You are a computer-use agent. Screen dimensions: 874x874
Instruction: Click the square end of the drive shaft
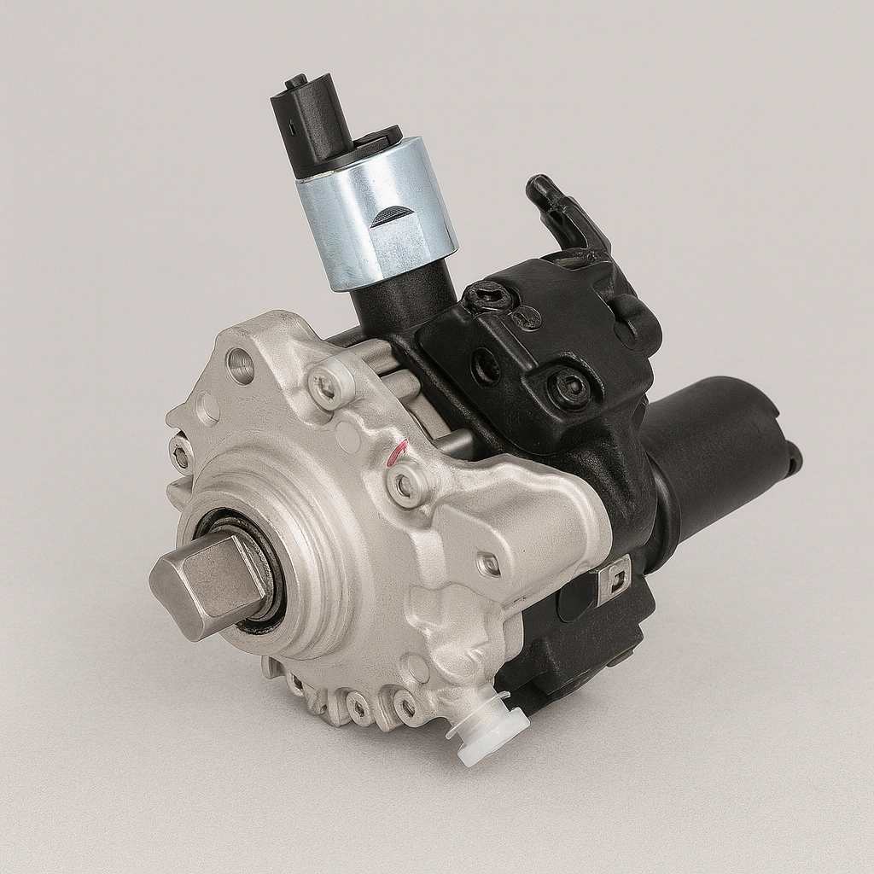pyautogui.click(x=198, y=583)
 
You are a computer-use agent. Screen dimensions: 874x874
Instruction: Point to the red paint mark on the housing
pyautogui.click(x=395, y=453)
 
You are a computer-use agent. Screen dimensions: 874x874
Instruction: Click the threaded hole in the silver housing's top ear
pyautogui.click(x=241, y=365)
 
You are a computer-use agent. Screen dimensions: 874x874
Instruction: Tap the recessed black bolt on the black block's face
pyautogui.click(x=568, y=388)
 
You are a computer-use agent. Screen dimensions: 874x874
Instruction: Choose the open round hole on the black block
pyautogui.click(x=487, y=365)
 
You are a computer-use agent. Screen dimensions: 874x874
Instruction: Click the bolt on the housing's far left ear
pyautogui.click(x=181, y=456)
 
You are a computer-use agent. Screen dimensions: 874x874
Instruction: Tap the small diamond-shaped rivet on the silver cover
pyautogui.click(x=489, y=563)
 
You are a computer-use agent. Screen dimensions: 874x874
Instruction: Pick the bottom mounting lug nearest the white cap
pyautogui.click(x=406, y=705)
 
